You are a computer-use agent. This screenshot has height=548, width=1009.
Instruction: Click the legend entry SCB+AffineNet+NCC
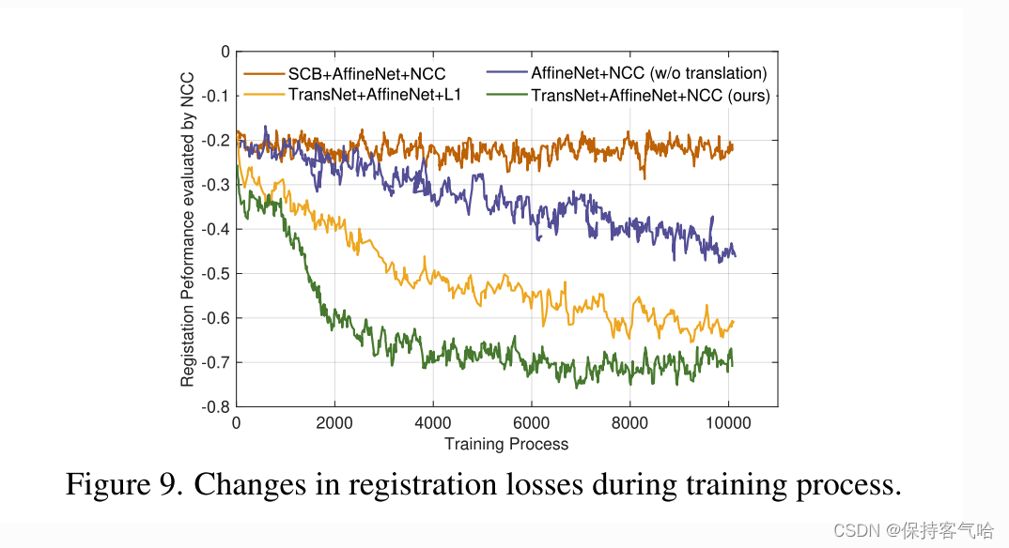click(366, 73)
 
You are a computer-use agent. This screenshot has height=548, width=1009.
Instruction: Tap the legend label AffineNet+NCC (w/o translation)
click(649, 73)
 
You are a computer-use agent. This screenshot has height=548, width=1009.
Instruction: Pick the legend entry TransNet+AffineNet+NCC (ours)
click(650, 95)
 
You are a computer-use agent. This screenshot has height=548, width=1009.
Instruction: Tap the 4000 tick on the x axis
click(433, 423)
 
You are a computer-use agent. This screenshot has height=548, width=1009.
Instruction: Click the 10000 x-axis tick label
click(728, 423)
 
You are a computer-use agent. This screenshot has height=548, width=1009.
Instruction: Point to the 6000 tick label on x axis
click(532, 423)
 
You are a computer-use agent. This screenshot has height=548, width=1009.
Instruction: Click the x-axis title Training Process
click(506, 444)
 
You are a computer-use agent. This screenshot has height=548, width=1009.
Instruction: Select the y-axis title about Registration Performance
click(188, 230)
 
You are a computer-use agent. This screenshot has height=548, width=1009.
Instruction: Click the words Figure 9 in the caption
click(122, 485)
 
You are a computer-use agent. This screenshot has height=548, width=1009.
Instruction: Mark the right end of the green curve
click(732, 364)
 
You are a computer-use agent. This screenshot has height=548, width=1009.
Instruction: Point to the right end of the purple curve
click(735, 255)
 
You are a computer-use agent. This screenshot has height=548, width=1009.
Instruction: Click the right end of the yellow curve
click(733, 322)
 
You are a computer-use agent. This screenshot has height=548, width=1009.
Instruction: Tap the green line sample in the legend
click(506, 95)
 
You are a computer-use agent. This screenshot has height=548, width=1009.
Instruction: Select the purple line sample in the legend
click(506, 73)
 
